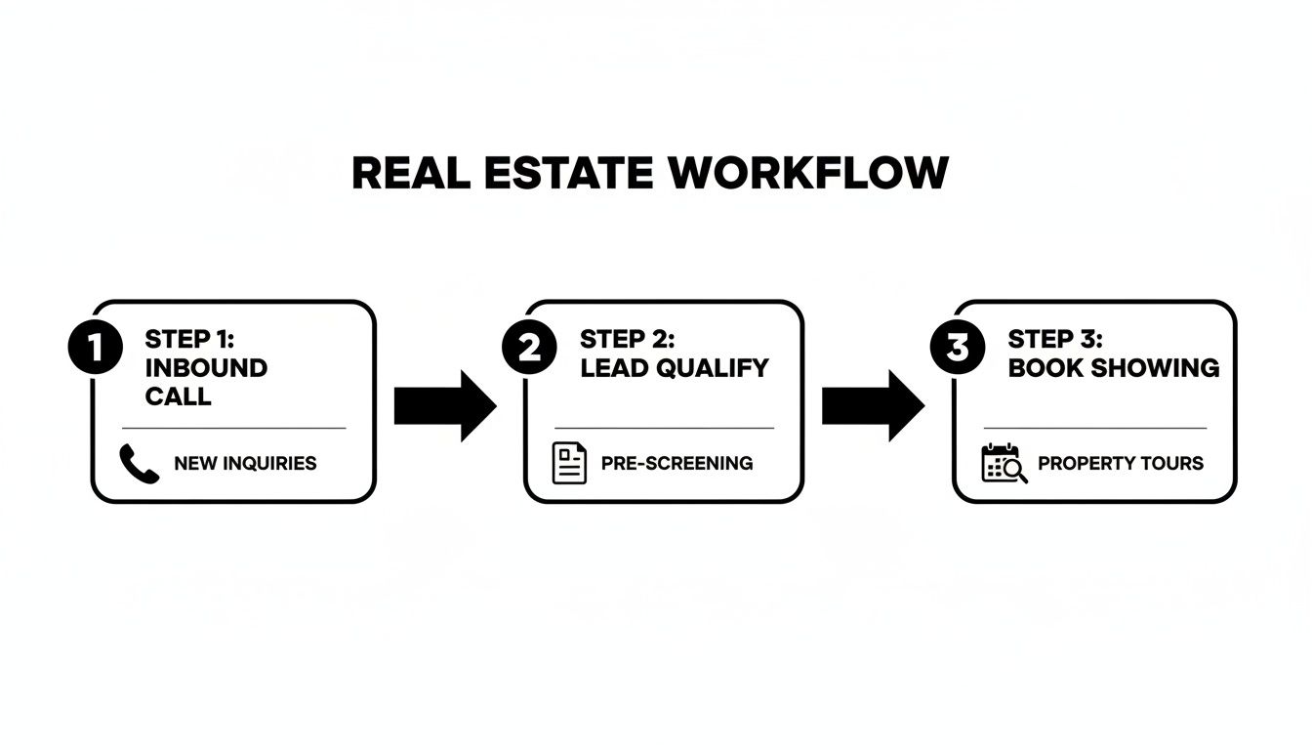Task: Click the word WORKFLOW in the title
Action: [x=808, y=174]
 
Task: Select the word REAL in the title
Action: [x=404, y=174]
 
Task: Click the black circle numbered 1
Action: [x=95, y=349]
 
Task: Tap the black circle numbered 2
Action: [x=529, y=349]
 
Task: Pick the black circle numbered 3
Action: [x=958, y=349]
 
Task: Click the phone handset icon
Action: [x=140, y=463]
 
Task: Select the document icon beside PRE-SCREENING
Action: [x=569, y=463]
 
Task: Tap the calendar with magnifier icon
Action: [x=1004, y=463]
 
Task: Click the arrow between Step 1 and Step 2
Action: [x=445, y=405]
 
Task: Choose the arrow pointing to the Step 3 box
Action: [x=873, y=405]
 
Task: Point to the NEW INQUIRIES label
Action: [x=245, y=463]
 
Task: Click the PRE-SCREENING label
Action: [x=676, y=463]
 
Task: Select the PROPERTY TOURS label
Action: [x=1120, y=463]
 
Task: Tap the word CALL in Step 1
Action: [x=178, y=396]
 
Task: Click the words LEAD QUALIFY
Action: [x=674, y=367]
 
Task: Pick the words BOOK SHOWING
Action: [x=1113, y=367]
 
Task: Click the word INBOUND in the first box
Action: [x=206, y=367]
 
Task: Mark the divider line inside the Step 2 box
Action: [x=664, y=428]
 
